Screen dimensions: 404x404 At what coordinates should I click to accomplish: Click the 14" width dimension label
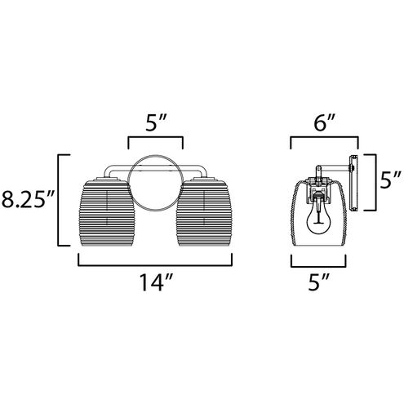156,283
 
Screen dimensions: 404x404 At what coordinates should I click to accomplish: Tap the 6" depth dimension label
324,123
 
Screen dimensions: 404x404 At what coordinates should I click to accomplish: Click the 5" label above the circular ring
155,123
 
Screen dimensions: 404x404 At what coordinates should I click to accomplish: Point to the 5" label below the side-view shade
319,282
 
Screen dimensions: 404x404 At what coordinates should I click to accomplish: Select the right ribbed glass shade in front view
204,214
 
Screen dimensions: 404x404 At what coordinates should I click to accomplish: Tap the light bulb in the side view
317,218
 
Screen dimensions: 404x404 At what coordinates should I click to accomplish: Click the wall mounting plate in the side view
353,183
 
